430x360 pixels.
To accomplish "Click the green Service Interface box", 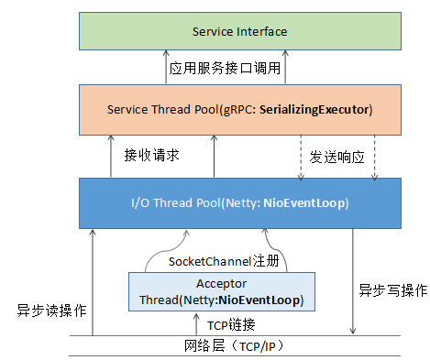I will click(239, 32).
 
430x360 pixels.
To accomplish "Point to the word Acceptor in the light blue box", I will click(221, 284).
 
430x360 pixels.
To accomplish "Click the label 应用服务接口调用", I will click(225, 68).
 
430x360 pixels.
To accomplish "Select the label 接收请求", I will click(151, 155).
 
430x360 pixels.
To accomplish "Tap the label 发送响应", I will click(337, 157).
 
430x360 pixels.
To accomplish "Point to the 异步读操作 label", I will click(51, 310).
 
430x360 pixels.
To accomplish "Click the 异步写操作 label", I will click(392, 290).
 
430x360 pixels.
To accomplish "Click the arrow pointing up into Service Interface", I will click(161, 68).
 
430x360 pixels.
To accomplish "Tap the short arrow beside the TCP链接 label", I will click(196, 323).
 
